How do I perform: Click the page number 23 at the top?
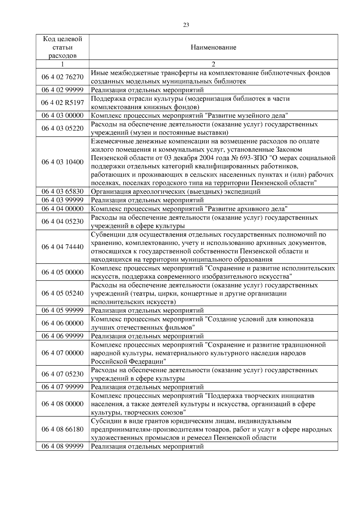coord(186,25)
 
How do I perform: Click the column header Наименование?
coord(213,47)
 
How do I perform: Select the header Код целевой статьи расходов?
coord(62,47)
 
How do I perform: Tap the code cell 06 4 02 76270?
coord(62,77)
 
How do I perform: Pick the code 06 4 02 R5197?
coord(62,103)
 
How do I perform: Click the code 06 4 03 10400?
coord(62,162)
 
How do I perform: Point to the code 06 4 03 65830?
coord(62,192)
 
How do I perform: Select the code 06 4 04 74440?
coord(62,247)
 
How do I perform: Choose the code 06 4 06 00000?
coord(62,323)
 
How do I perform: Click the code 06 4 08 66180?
coord(62,429)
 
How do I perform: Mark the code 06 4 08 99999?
coord(62,446)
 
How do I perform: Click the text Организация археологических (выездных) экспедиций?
coord(176,192)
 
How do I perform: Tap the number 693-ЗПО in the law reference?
coord(254,158)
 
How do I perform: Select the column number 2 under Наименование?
coord(213,64)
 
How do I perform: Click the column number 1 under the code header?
coord(62,64)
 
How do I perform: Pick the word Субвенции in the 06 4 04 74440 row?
coord(105,234)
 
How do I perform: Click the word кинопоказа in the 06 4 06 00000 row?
coord(296,319)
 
